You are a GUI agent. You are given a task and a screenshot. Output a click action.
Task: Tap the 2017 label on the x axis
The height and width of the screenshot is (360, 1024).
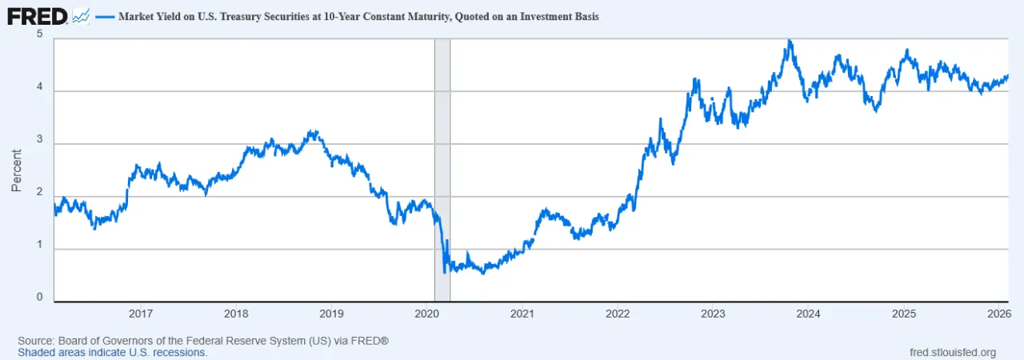pos(141,314)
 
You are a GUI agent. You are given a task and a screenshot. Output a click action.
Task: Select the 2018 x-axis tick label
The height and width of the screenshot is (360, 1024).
pos(236,314)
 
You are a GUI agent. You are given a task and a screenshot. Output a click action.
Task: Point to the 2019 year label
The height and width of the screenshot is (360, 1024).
pos(331,314)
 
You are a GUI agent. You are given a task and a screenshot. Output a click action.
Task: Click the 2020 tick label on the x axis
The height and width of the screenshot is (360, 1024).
pos(426,314)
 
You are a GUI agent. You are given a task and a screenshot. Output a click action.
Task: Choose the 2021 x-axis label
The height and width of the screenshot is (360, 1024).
pos(522,314)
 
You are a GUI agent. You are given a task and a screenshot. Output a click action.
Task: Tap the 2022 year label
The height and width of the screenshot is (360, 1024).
pos(617,314)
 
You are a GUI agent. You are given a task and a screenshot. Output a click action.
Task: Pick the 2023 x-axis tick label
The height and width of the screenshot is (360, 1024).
pos(712,314)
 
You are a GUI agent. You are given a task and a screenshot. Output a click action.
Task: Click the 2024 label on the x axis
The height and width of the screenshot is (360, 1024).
pos(807,314)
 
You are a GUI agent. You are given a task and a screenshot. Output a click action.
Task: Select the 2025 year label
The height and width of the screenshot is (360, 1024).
pos(903,314)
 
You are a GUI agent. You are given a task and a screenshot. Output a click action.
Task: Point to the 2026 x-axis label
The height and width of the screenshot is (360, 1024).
pos(998,314)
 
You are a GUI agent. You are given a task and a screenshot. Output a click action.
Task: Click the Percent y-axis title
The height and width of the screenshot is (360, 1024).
pos(17,170)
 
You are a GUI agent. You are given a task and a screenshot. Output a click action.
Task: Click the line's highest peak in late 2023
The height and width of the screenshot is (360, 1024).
pos(790,41)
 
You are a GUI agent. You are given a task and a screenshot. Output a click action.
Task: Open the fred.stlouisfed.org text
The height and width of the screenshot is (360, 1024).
pos(953,352)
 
